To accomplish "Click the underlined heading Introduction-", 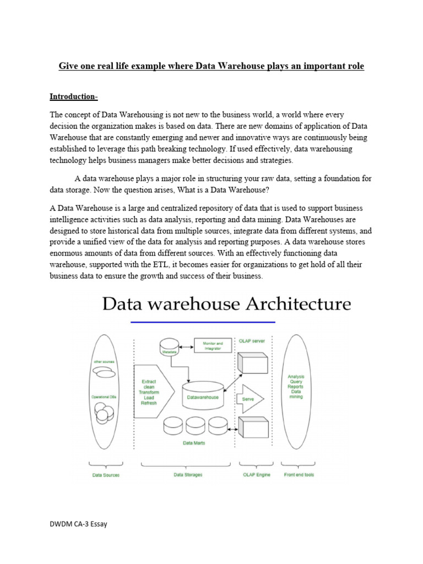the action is click(74, 97).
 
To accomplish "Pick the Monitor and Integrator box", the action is click(213, 346).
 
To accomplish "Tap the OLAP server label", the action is click(252, 341).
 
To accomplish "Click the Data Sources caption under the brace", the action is click(106, 475).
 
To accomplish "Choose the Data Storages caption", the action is click(188, 475).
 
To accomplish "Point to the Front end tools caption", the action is click(299, 475).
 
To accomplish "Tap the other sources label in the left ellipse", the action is click(104, 362).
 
